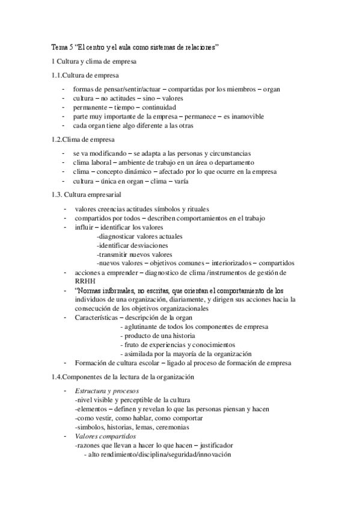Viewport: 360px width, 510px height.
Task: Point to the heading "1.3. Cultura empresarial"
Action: [87, 195]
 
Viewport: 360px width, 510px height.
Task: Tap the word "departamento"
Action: [236, 162]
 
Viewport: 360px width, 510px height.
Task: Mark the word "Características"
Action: [96, 318]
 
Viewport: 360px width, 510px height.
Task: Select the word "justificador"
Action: [216, 446]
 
